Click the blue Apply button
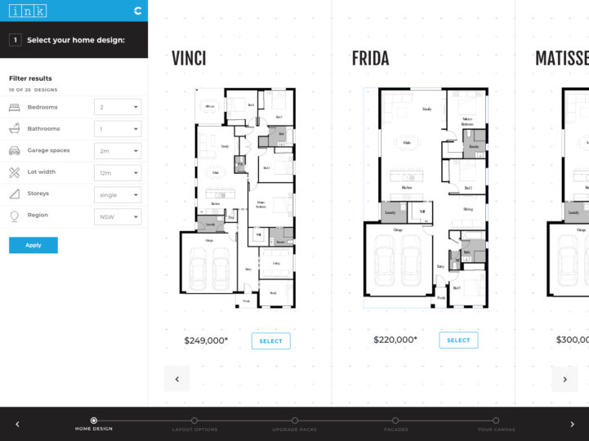[33, 245]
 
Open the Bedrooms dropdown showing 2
[118, 107]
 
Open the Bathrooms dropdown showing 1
[118, 129]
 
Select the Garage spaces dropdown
[118, 151]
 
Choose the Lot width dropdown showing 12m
[118, 173]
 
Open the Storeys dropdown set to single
[118, 195]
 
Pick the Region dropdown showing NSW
[118, 217]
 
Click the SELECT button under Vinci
[270, 341]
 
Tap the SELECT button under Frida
[458, 341]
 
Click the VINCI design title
[189, 59]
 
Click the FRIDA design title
[370, 59]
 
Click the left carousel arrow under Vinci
[176, 378]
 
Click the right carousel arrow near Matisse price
[564, 378]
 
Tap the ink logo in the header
[28, 11]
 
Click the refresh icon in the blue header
[137, 11]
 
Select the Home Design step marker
[94, 421]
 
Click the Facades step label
[395, 429]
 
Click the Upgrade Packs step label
[294, 429]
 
